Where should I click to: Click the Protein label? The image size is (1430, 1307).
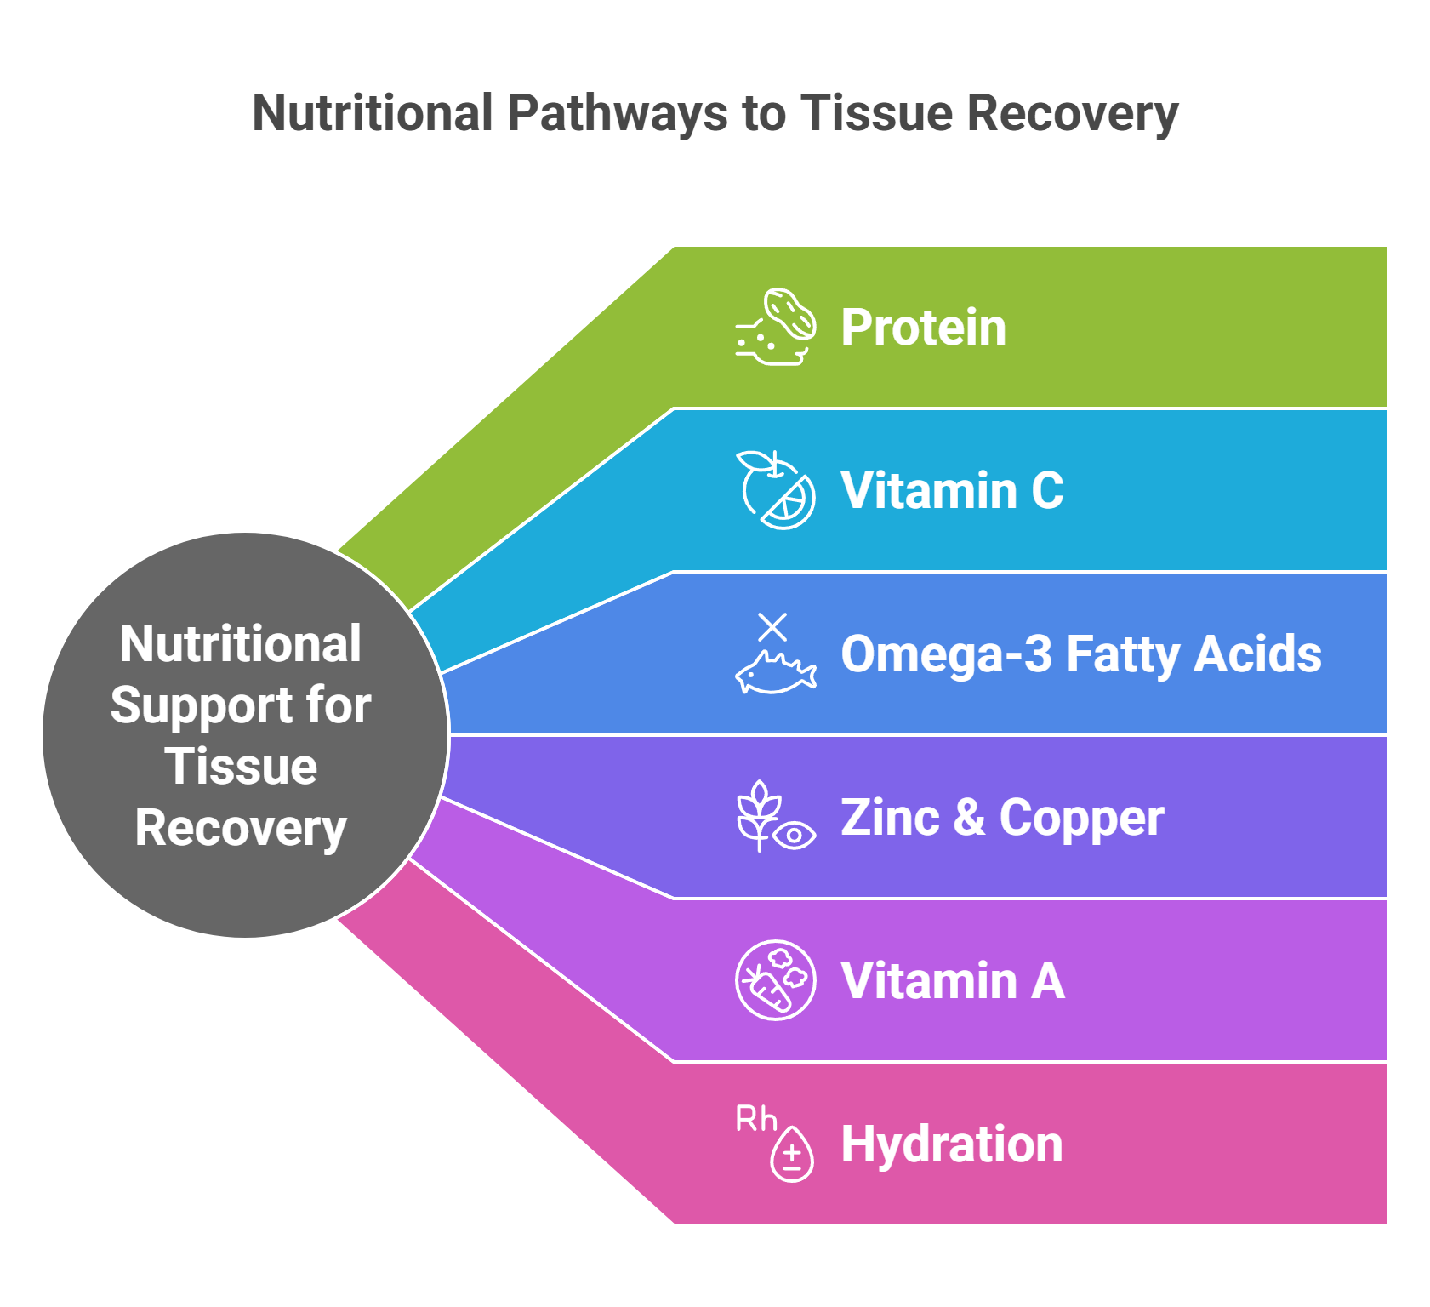(923, 327)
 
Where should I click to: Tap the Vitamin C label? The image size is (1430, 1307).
(952, 490)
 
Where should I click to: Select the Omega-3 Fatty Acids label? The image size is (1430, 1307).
(1081, 653)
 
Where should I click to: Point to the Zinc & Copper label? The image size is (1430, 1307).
(1002, 817)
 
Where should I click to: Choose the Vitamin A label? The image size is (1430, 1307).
(953, 980)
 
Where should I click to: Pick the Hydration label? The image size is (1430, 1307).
(952, 1144)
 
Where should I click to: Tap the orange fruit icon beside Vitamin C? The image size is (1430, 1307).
(776, 490)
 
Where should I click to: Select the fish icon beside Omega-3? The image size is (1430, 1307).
(776, 672)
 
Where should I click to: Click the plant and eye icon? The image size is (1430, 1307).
(776, 817)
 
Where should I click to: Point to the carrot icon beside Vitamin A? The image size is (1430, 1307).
(776, 980)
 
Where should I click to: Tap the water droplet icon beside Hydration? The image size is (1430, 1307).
(792, 1154)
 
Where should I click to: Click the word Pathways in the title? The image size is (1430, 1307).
(617, 114)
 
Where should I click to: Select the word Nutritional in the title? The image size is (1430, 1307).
(373, 112)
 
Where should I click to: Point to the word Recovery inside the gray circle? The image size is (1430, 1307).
(241, 829)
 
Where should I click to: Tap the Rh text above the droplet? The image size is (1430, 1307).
(756, 1119)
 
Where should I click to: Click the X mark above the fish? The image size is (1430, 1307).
(772, 627)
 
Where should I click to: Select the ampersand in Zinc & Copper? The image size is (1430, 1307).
(969, 817)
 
